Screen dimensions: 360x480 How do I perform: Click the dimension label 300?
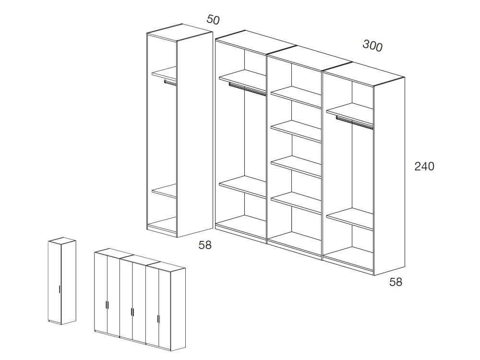coord(372,46)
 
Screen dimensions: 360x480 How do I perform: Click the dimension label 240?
coord(424,167)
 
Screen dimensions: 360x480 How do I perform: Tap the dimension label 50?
coord(213,20)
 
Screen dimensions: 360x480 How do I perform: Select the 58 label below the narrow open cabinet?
coord(205,245)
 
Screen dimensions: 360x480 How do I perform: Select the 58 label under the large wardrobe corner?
coord(396,282)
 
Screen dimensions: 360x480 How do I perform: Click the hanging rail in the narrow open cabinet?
coord(170,83)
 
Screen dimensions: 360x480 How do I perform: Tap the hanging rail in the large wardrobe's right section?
coord(354,122)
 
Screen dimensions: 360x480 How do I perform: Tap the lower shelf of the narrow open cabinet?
coord(165,191)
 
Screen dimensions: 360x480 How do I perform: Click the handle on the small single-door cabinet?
coord(60,289)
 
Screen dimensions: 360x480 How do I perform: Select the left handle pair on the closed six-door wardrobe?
coord(107,305)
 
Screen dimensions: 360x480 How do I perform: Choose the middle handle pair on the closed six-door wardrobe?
coord(132,312)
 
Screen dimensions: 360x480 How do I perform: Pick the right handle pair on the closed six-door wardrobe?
coord(158,318)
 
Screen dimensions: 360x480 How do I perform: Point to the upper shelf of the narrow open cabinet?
coord(165,72)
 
